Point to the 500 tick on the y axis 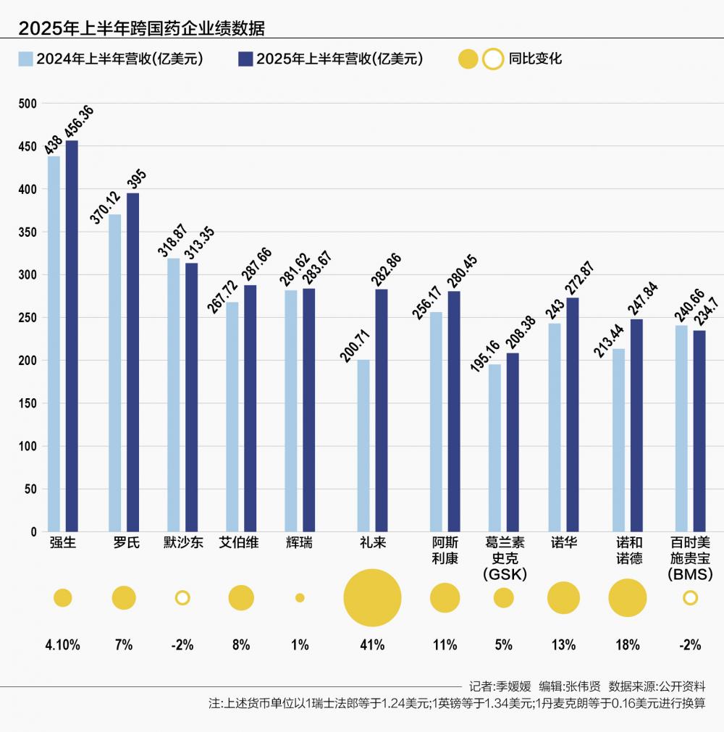pos(28,104)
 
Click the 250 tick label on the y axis pos(28,318)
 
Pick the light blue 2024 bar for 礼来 pos(363,445)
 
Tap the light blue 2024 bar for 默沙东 pos(174,395)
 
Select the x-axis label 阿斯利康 pos(445,551)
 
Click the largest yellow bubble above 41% pos(372,598)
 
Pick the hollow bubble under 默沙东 pos(182,598)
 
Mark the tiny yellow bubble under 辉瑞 pos(300,598)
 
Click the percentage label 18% pos(627,644)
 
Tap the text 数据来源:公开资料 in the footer pos(657,686)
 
